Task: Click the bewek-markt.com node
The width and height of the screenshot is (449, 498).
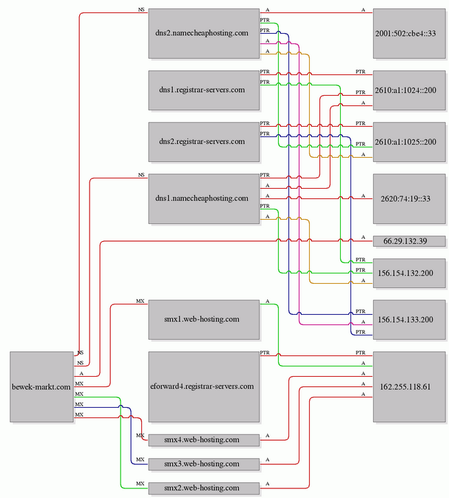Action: (x=41, y=386)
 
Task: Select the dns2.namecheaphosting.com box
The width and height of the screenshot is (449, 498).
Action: (x=204, y=33)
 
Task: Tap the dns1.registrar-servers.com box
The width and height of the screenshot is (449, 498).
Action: (x=204, y=90)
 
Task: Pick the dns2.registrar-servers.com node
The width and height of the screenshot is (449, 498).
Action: (x=204, y=142)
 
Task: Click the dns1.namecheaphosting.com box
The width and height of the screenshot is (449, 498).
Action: (x=204, y=198)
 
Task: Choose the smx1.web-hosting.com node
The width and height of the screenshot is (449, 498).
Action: (x=204, y=320)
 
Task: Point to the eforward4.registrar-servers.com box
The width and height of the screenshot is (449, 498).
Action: (x=204, y=386)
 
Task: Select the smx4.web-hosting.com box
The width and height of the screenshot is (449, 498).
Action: (x=204, y=440)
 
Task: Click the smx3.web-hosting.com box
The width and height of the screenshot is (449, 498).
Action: (x=204, y=464)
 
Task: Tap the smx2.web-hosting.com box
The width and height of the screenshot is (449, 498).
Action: (x=204, y=488)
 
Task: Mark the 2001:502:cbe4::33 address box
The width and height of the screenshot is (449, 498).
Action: (x=409, y=33)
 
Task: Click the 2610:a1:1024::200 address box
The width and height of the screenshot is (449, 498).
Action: (x=409, y=90)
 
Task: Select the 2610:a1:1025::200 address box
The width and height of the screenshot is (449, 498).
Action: (x=409, y=142)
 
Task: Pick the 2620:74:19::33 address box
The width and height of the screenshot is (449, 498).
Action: (x=409, y=198)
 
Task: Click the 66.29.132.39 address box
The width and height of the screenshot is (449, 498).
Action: (x=409, y=241)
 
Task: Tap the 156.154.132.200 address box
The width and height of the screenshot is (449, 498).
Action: (x=409, y=273)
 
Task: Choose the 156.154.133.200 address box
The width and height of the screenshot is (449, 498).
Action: (x=409, y=320)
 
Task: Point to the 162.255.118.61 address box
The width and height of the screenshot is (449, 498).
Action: (x=409, y=386)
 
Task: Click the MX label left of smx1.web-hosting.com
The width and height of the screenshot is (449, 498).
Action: (x=140, y=301)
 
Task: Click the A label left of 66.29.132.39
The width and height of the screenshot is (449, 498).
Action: (x=364, y=237)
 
